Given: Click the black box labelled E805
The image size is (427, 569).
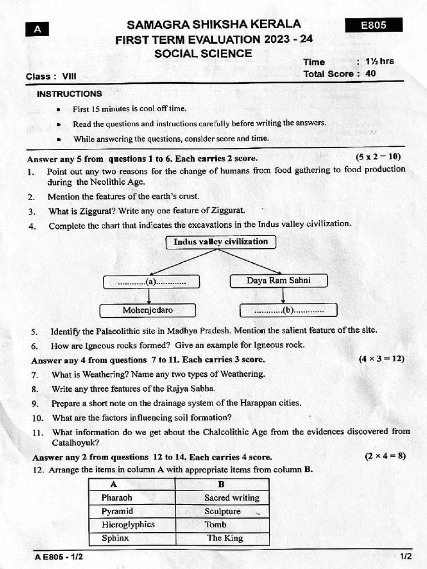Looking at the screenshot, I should [374, 25].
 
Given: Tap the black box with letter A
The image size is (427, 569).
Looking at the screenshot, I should [37, 29].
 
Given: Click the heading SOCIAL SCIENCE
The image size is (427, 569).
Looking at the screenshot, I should [203, 54].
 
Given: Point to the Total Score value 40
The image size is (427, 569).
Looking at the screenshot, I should [371, 73].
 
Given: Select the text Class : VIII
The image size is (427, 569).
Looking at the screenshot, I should [51, 77].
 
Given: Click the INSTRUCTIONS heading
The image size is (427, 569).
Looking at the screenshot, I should [69, 94].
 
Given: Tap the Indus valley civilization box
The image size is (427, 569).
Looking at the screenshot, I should [221, 242].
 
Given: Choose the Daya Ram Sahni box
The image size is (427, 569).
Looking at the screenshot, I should [279, 281].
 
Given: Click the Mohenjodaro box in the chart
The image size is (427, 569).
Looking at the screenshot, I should [147, 310].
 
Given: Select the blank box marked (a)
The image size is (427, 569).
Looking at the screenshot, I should [151, 282].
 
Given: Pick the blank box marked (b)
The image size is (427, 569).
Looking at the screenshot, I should [288, 310].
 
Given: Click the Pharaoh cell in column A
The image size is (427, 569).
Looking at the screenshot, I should [132, 498].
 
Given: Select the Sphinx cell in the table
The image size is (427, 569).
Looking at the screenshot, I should [132, 538].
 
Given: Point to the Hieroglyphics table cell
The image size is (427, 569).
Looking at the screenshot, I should [132, 525].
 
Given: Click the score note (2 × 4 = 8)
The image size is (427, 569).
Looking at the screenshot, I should [385, 456].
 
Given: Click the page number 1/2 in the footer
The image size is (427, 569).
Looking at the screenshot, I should [405, 556].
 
